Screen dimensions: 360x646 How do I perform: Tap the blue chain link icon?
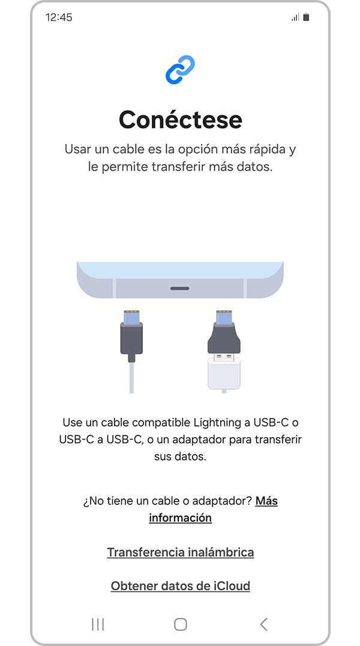180,70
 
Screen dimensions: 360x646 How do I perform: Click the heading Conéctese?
181,120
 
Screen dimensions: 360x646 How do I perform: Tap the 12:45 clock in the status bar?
59,17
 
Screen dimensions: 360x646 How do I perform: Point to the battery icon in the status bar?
306,17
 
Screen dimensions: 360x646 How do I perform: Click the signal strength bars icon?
295,17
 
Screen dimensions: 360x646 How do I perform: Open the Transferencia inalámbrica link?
181,552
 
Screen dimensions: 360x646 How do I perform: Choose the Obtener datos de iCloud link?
181,585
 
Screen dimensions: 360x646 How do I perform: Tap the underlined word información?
181,518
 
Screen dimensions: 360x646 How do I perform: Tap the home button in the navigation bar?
181,624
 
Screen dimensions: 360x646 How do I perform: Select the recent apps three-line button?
98,624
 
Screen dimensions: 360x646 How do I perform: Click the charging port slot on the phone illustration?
180,289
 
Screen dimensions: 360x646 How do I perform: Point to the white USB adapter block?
224,373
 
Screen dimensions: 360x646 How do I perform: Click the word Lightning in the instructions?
214,422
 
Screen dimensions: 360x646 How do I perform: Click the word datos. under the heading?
257,167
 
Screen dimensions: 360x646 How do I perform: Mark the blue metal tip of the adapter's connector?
224,317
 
